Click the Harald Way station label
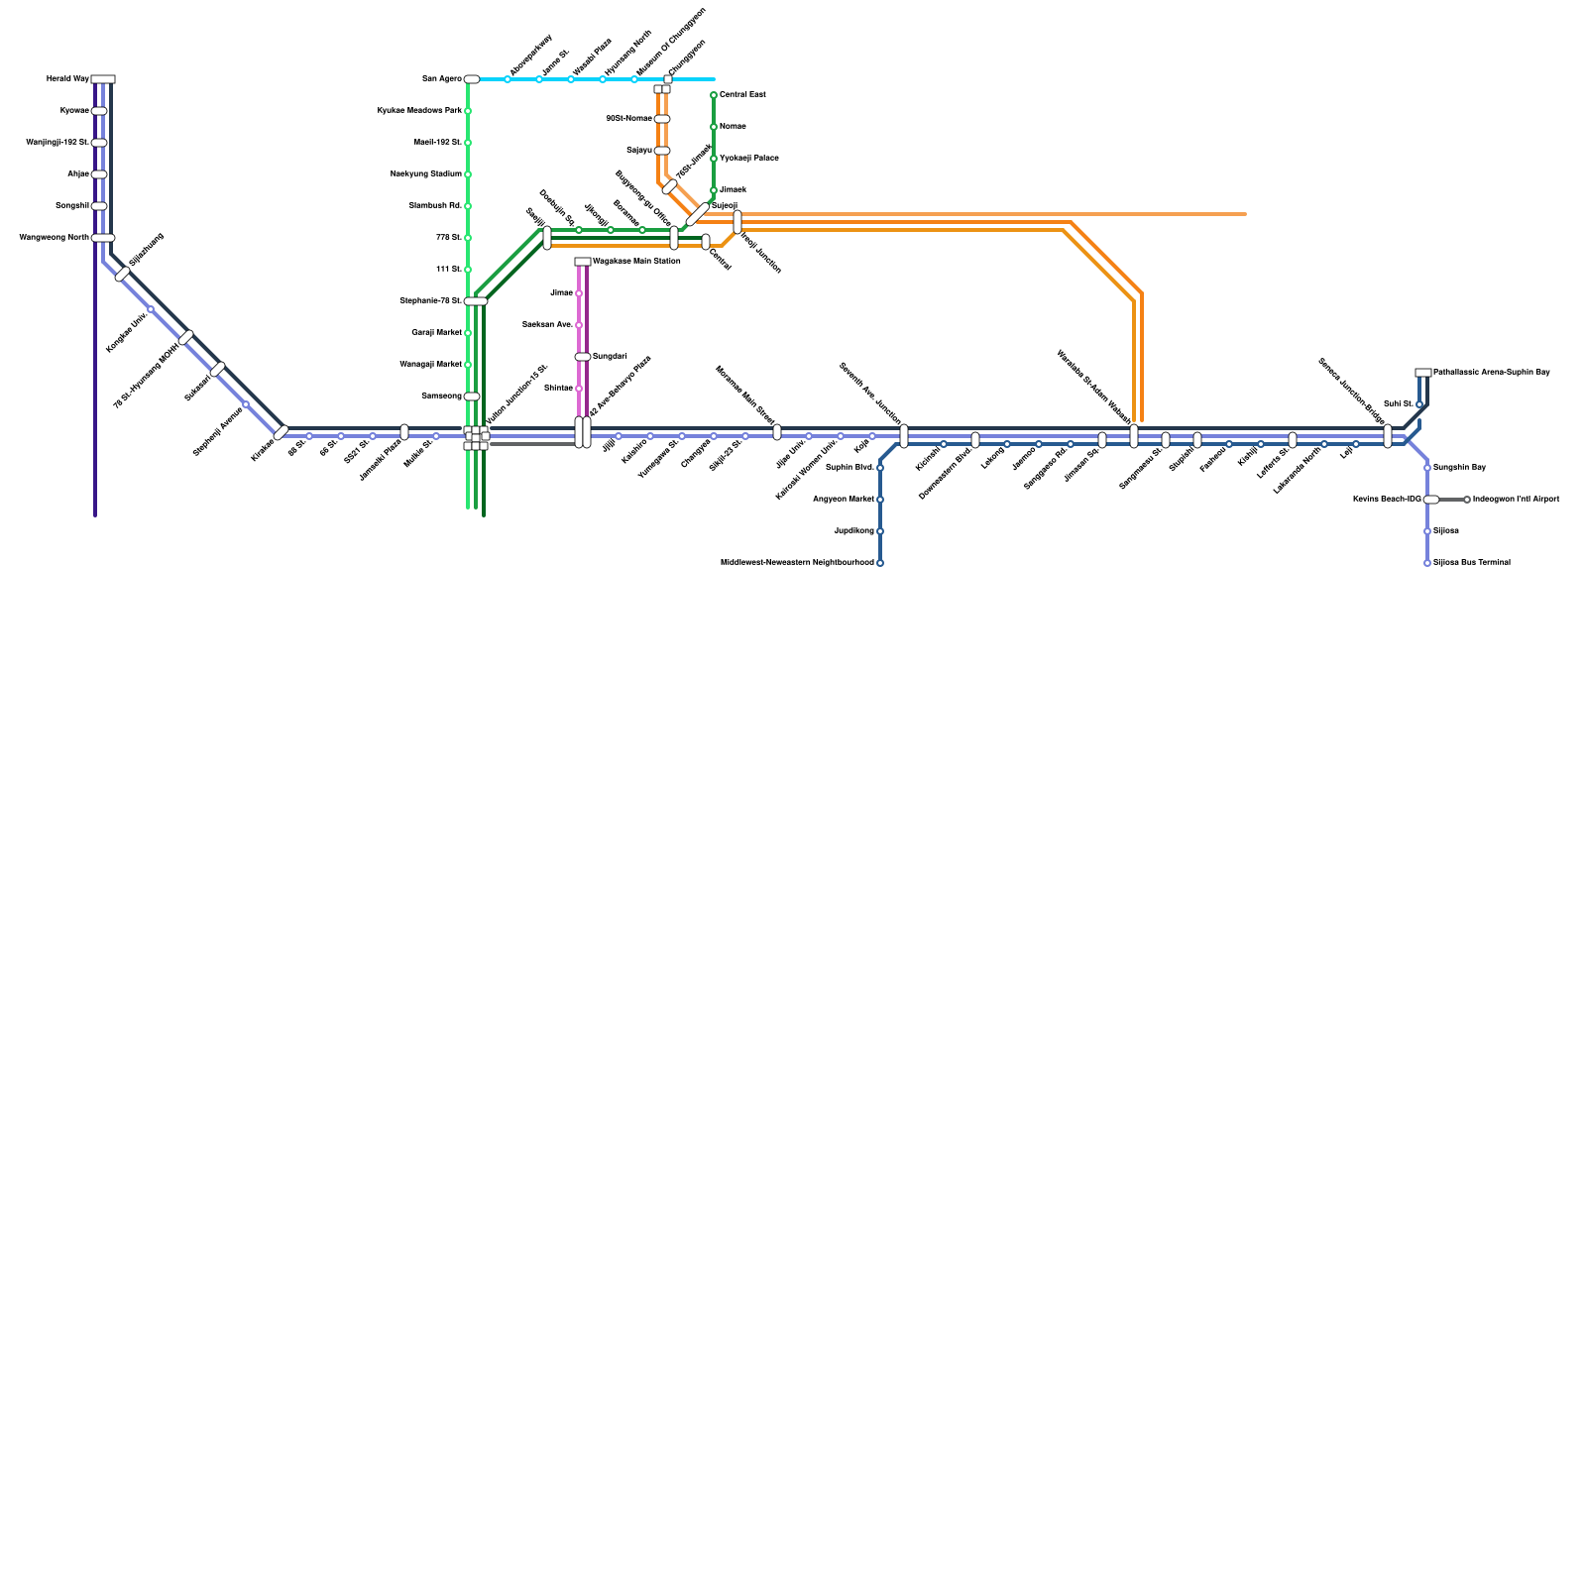[67, 79]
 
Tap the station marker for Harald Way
[103, 79]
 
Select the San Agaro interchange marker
[472, 79]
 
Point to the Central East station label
[742, 95]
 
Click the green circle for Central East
[714, 95]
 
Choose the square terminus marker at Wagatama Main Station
[583, 262]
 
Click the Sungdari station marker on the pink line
[583, 357]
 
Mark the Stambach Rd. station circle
[468, 206]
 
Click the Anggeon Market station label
[844, 500]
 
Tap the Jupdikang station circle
[880, 531]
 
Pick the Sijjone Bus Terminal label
[1472, 563]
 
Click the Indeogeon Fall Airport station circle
[1467, 500]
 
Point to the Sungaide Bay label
[1459, 468]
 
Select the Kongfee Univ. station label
[127, 331]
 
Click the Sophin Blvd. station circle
[880, 468]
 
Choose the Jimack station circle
[714, 190]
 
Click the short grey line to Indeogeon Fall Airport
[1451, 500]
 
